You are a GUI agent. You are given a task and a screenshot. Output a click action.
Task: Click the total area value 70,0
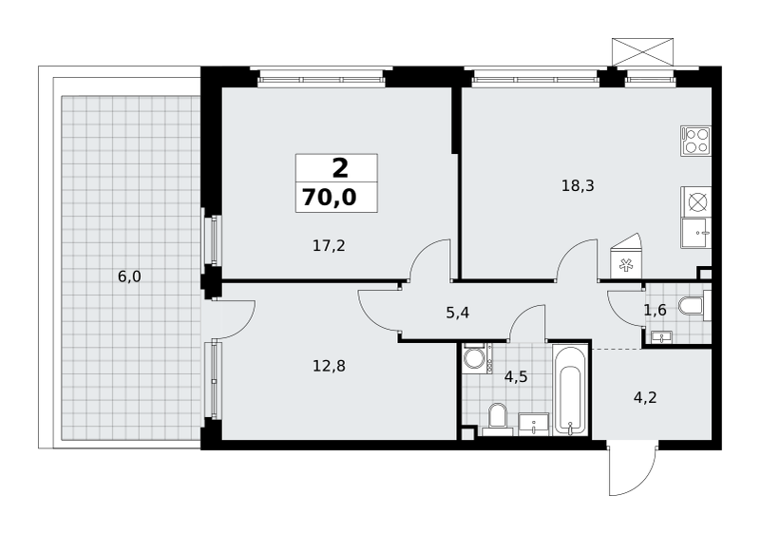point(330,198)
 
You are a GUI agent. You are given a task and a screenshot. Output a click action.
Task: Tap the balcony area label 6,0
point(129,277)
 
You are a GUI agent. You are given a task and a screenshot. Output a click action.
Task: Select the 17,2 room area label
point(329,246)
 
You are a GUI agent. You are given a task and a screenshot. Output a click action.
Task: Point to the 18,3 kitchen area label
point(578,185)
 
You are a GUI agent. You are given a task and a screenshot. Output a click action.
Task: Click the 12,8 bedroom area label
point(329,366)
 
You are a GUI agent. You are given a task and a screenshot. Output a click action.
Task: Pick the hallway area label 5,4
point(458,313)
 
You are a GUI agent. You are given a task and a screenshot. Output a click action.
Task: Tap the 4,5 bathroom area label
point(516,376)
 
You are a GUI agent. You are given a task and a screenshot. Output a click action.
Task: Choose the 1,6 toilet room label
point(655,310)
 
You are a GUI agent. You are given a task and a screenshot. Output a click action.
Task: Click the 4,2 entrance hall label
point(645,397)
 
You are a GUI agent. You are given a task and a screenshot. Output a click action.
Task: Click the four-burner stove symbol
point(695,141)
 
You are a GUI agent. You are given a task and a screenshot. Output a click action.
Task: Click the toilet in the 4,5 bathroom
point(498,419)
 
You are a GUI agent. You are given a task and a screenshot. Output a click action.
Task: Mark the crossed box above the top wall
point(643,52)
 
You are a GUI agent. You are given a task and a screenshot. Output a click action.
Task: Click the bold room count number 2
point(340,168)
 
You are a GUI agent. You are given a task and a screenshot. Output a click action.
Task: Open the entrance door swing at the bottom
point(632,468)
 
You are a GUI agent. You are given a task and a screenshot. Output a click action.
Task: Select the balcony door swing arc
point(237,319)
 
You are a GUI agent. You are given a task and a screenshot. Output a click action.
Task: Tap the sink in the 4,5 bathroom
point(534,425)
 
